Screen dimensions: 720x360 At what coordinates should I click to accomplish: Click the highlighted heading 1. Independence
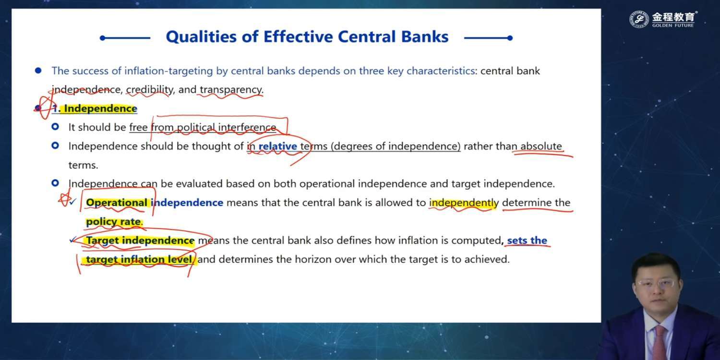(x=95, y=108)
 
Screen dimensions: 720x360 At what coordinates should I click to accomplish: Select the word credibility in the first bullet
(x=149, y=90)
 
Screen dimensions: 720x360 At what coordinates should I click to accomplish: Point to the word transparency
(x=231, y=90)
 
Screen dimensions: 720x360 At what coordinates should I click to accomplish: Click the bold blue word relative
(x=278, y=146)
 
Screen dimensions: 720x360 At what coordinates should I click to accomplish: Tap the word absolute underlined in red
(x=541, y=146)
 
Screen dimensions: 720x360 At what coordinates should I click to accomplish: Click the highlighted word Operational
(x=116, y=203)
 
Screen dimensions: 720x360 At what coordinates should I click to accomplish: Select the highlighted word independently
(x=464, y=203)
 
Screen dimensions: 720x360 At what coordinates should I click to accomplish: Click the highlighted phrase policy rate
(x=113, y=222)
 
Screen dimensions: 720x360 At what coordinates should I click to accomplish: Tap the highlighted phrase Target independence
(x=140, y=240)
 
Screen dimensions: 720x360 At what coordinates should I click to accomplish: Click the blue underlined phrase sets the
(x=527, y=240)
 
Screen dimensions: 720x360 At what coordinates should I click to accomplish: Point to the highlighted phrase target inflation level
(x=139, y=259)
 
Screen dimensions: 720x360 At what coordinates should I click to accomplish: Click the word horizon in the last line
(x=313, y=259)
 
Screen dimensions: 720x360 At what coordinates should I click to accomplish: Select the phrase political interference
(x=226, y=128)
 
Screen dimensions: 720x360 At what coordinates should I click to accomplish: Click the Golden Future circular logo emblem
(x=639, y=19)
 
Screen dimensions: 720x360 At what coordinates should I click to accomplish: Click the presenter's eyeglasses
(x=656, y=284)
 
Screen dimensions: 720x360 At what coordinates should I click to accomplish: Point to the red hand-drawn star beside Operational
(x=65, y=199)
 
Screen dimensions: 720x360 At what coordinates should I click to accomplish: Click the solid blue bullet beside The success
(x=38, y=71)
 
